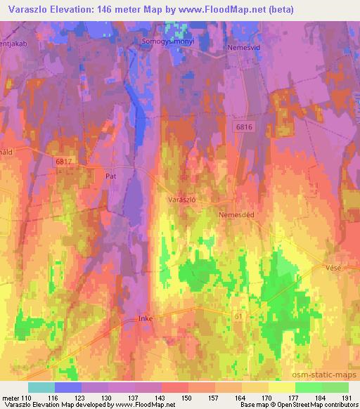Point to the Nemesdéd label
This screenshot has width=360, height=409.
click(236, 214)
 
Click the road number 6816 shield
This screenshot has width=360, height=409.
click(244, 126)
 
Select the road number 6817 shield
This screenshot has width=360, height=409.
click(64, 162)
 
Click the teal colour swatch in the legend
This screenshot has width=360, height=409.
click(41, 387)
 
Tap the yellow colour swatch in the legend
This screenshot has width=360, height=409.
click(282, 387)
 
